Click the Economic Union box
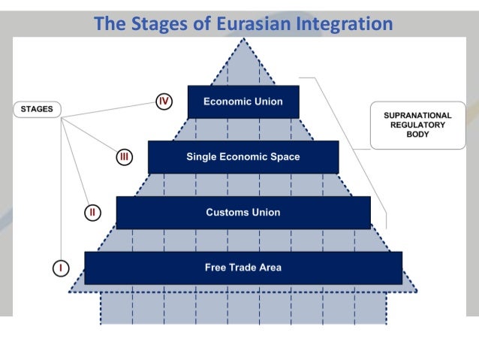tap(243, 101)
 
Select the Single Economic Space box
tap(243, 157)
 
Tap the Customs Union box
tap(243, 212)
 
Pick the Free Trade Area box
tap(243, 268)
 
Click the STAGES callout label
tap(37, 109)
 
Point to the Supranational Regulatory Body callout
tap(417, 125)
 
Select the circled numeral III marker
tap(125, 157)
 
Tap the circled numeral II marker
tap(92, 212)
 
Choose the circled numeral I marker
tap(61, 268)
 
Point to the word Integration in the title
tap(346, 24)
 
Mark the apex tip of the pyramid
tap(243, 39)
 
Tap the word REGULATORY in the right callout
tap(417, 125)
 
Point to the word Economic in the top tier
tap(226, 101)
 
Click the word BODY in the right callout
tap(417, 135)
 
